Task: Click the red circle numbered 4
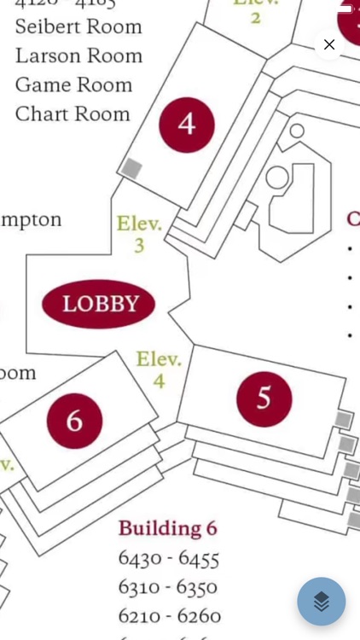point(186,125)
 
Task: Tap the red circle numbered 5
point(264,399)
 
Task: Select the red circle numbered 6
point(74,421)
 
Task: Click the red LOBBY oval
point(99,304)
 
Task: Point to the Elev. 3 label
point(139,234)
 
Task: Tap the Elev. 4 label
point(159,369)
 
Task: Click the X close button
point(329,44)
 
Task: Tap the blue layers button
point(322,602)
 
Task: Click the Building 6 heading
point(168,528)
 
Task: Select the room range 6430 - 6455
point(169,559)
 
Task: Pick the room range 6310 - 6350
point(168,587)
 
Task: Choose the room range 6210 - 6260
point(170,615)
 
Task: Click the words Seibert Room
point(78,26)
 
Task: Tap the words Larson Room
point(78,55)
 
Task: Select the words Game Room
point(73,84)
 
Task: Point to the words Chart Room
point(73,113)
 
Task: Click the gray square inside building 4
point(131,168)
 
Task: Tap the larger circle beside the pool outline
point(277,177)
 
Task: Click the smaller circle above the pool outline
point(297,131)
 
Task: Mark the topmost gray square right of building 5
point(343,419)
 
